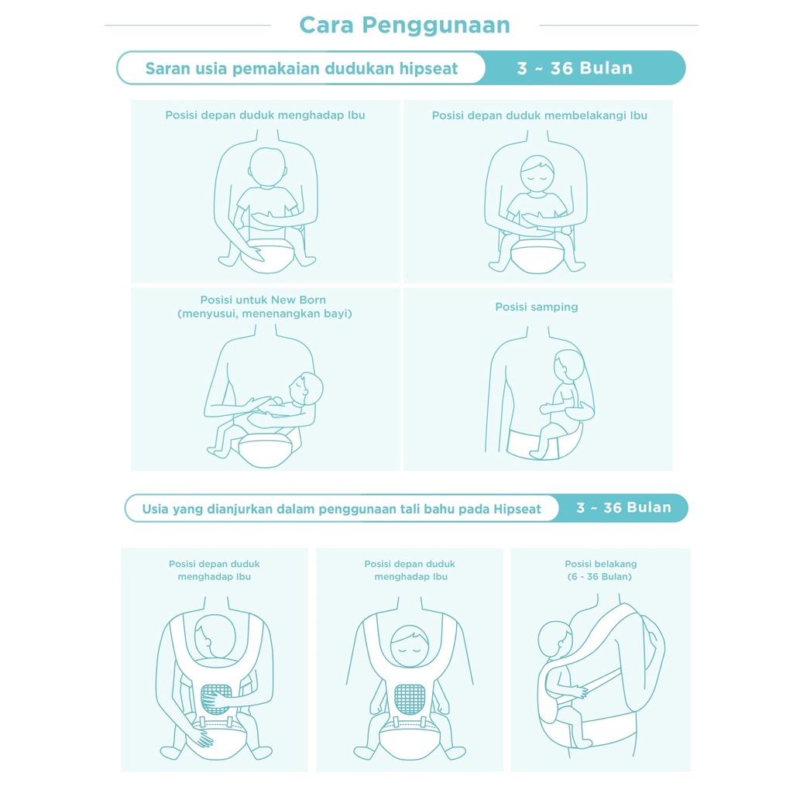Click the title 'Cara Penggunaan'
[404, 26]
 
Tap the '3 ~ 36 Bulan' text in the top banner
[575, 68]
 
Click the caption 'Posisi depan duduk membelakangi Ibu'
[540, 115]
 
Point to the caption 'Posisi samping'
[537, 307]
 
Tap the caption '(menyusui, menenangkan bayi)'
[265, 314]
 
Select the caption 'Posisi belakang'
[601, 564]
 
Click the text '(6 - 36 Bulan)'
[600, 576]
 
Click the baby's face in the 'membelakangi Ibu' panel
[537, 173]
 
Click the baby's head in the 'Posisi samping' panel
[568, 366]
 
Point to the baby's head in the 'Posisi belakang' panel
[554, 638]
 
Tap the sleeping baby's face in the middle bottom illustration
[410, 645]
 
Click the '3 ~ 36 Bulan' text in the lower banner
[623, 508]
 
